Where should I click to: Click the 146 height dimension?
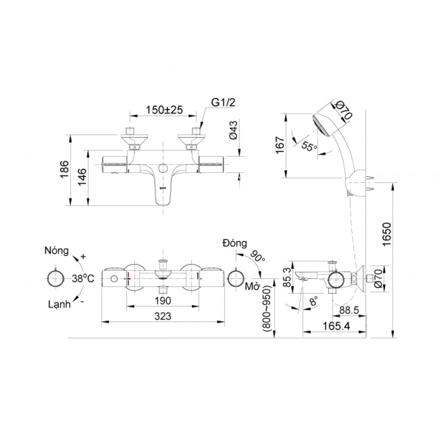click(82, 177)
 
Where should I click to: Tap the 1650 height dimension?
click(387, 236)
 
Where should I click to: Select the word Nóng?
click(57, 251)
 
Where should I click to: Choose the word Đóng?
click(234, 243)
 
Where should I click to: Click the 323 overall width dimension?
click(162, 316)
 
